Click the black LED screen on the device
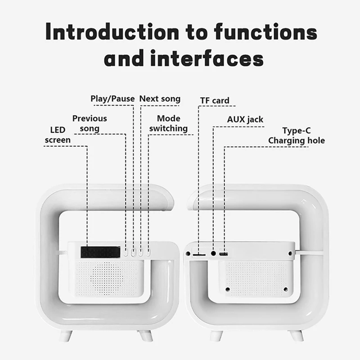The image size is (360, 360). point(100,252)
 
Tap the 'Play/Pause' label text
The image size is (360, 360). point(112,99)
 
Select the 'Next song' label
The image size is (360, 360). point(160,99)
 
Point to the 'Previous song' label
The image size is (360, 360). point(90,123)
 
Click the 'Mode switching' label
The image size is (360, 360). point(168,123)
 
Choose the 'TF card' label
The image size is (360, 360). point(215,100)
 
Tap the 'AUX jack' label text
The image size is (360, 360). point(245,120)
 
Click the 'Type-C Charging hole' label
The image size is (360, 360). point(297,135)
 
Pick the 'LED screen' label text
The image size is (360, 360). point(57,135)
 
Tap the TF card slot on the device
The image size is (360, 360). point(199,254)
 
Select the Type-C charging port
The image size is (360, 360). point(224,254)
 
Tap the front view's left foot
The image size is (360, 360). point(66,336)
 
